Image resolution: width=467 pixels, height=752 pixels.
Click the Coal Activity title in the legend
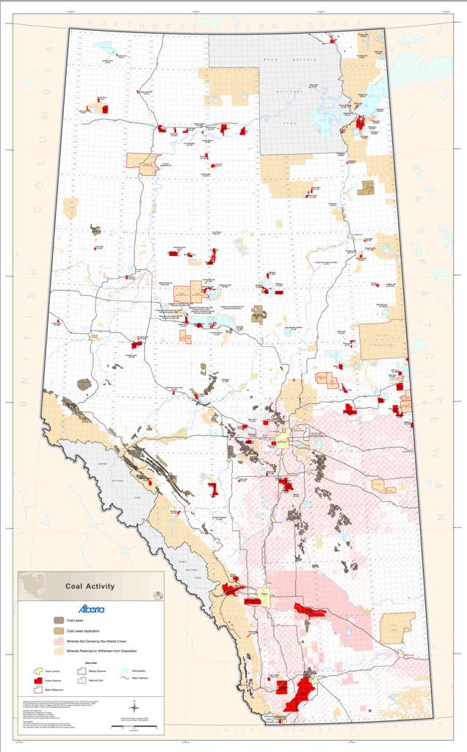coord(90,586)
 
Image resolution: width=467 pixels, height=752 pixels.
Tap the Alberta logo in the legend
coord(92,609)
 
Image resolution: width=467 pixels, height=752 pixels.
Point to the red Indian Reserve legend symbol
coord(40,681)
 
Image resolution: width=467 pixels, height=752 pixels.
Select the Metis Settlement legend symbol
coord(40,690)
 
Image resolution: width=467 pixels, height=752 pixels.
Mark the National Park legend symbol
coord(82,681)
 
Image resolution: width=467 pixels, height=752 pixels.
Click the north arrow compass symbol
coord(133,707)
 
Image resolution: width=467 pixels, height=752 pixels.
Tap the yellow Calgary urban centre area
coord(263,596)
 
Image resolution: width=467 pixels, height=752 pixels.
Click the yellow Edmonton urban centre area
coord(283,442)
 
